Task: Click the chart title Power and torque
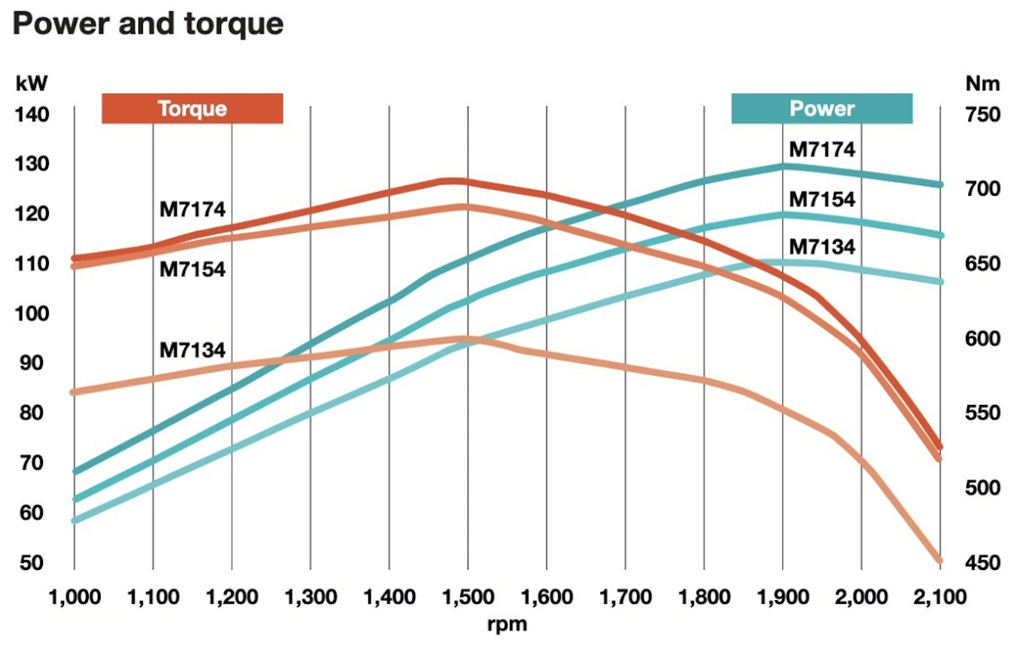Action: (x=148, y=25)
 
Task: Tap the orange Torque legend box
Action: (x=192, y=108)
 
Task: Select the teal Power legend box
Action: (x=821, y=108)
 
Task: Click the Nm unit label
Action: (x=982, y=84)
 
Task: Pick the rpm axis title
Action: (x=507, y=624)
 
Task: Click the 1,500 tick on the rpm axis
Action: (x=467, y=599)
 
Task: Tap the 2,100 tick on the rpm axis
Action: (x=940, y=599)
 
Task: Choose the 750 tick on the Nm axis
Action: (x=982, y=114)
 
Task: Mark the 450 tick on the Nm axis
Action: (x=982, y=562)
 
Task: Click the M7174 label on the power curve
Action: (x=821, y=149)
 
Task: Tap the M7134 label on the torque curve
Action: (x=192, y=350)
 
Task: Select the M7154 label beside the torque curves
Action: (x=192, y=269)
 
